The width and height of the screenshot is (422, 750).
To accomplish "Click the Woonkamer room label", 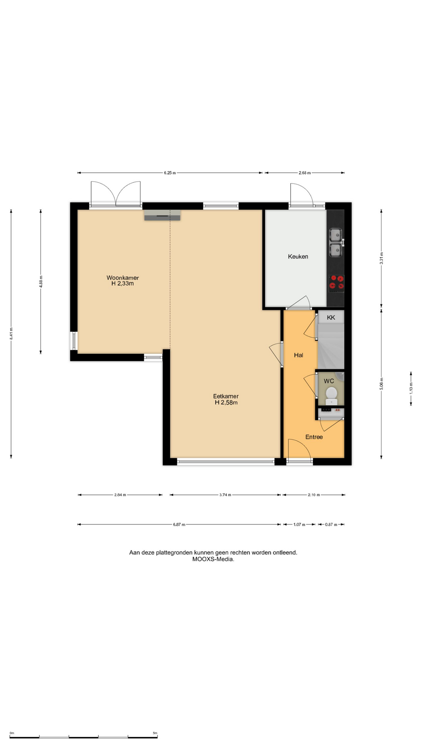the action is click(123, 278).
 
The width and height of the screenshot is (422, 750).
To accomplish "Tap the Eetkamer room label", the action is click(226, 396).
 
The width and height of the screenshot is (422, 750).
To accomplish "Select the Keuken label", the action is click(298, 257).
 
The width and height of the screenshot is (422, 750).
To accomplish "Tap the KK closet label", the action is click(331, 318).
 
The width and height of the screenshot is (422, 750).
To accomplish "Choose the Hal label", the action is click(299, 355).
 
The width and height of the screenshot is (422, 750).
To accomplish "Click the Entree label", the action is click(314, 437).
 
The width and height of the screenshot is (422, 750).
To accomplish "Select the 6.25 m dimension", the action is click(170, 173).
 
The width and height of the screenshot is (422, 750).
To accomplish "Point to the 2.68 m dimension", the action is click(305, 173).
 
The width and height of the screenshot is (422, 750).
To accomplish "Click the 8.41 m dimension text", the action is click(11, 333).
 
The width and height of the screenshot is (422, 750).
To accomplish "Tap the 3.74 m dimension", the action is click(225, 495).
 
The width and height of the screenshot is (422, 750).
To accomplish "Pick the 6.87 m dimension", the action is click(179, 525).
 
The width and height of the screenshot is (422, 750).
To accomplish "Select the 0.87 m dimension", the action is click(331, 525).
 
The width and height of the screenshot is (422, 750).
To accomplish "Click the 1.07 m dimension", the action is click(299, 525).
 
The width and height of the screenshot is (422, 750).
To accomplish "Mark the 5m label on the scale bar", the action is click(155, 733).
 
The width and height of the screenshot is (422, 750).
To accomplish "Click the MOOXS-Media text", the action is click(213, 559).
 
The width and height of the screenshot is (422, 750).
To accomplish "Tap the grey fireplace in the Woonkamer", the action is click(162, 215).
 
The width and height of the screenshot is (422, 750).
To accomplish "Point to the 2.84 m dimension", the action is click(120, 495).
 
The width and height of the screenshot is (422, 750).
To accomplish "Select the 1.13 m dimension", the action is click(411, 388).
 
